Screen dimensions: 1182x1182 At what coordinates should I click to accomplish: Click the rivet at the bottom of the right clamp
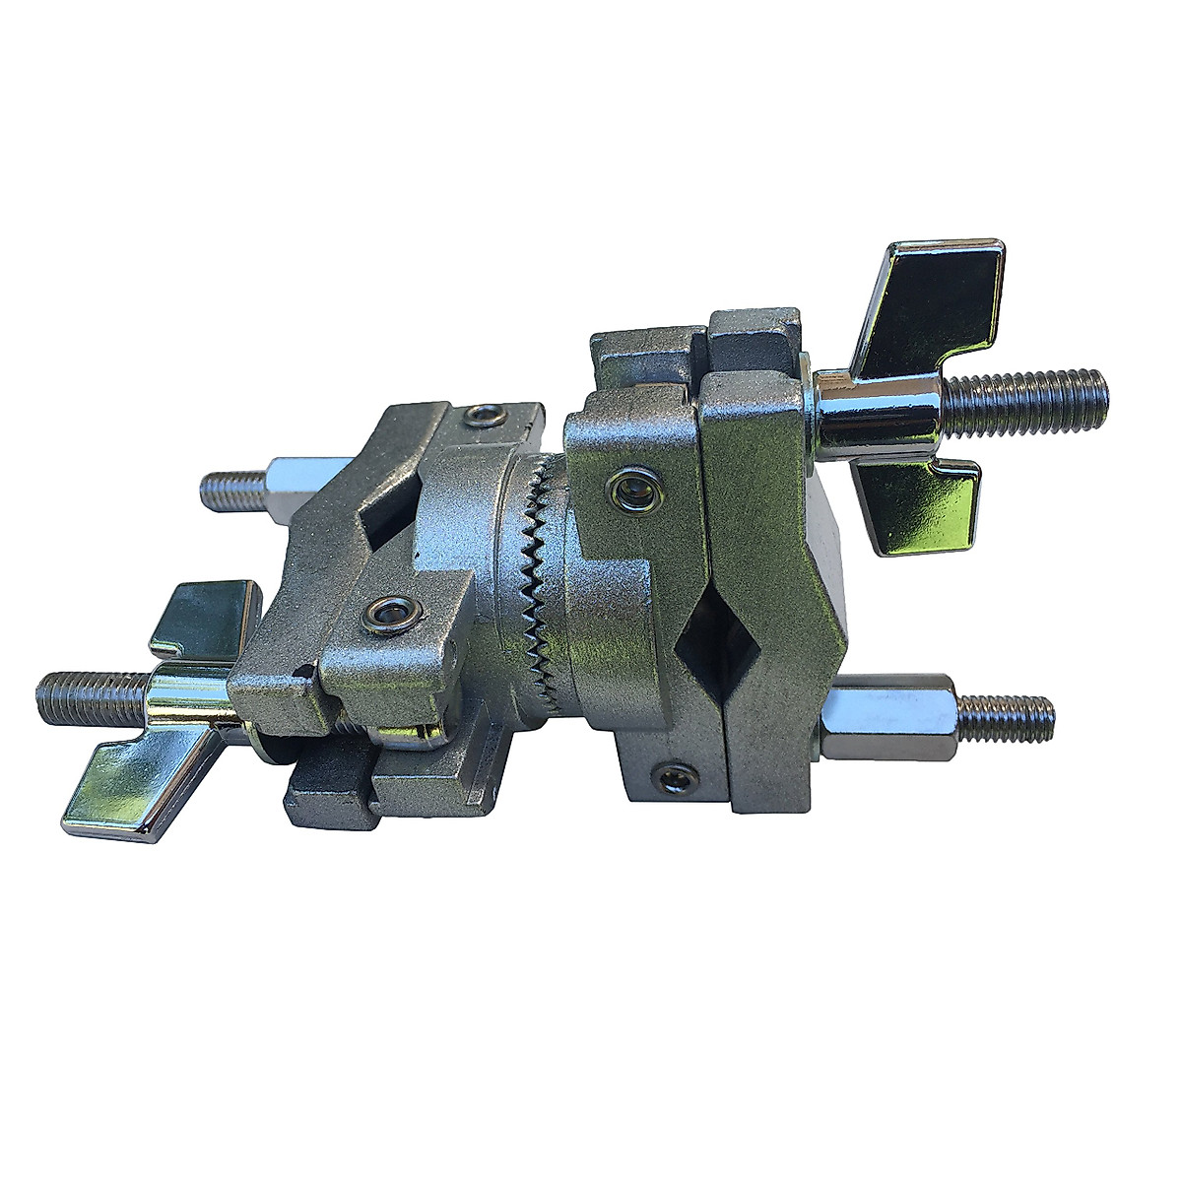coord(678,779)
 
